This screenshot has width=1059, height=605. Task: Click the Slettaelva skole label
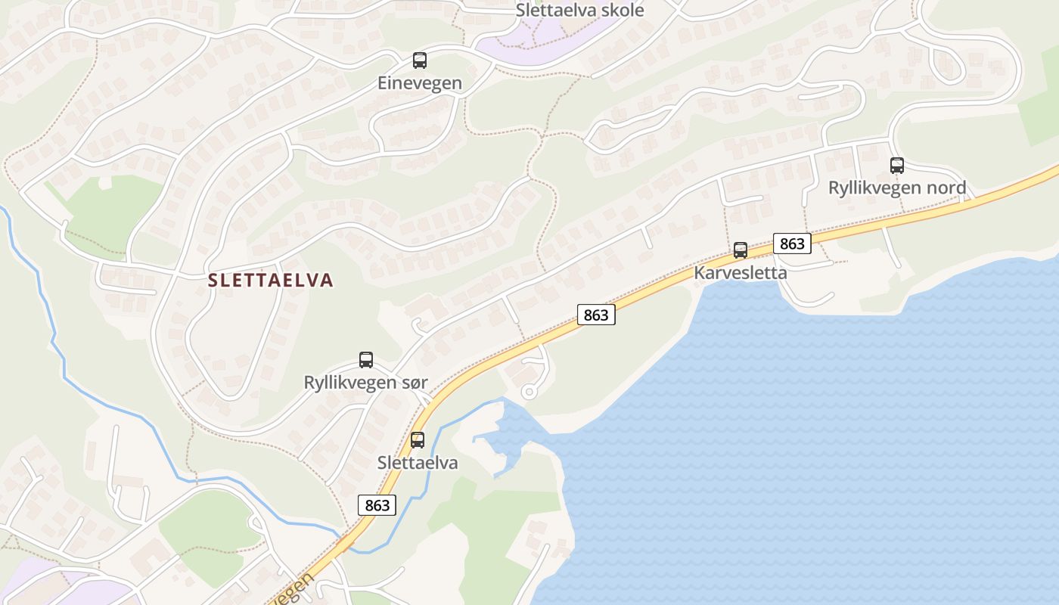point(579,11)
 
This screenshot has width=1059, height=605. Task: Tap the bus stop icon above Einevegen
point(419,60)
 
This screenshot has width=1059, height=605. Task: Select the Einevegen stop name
point(419,83)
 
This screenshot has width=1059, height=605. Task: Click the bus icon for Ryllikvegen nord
point(896,165)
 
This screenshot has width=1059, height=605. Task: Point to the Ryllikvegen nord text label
point(896,188)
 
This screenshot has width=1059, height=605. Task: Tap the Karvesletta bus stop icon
point(741,250)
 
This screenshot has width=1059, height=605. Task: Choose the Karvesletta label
point(741,273)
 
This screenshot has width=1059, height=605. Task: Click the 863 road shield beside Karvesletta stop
point(792,244)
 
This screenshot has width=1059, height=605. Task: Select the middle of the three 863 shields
point(596,315)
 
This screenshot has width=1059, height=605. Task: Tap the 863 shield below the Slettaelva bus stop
point(377,505)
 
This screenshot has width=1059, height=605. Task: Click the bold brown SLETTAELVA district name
point(270,281)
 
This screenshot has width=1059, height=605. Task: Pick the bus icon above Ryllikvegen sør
point(366,360)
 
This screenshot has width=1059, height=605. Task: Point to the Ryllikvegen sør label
point(365,383)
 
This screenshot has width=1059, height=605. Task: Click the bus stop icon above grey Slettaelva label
point(418,439)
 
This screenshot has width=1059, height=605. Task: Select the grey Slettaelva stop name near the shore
point(418,463)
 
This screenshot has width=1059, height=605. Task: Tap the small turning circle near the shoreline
point(529,391)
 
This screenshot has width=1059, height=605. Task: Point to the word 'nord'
point(946,188)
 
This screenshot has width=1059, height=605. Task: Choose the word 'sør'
point(413,383)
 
